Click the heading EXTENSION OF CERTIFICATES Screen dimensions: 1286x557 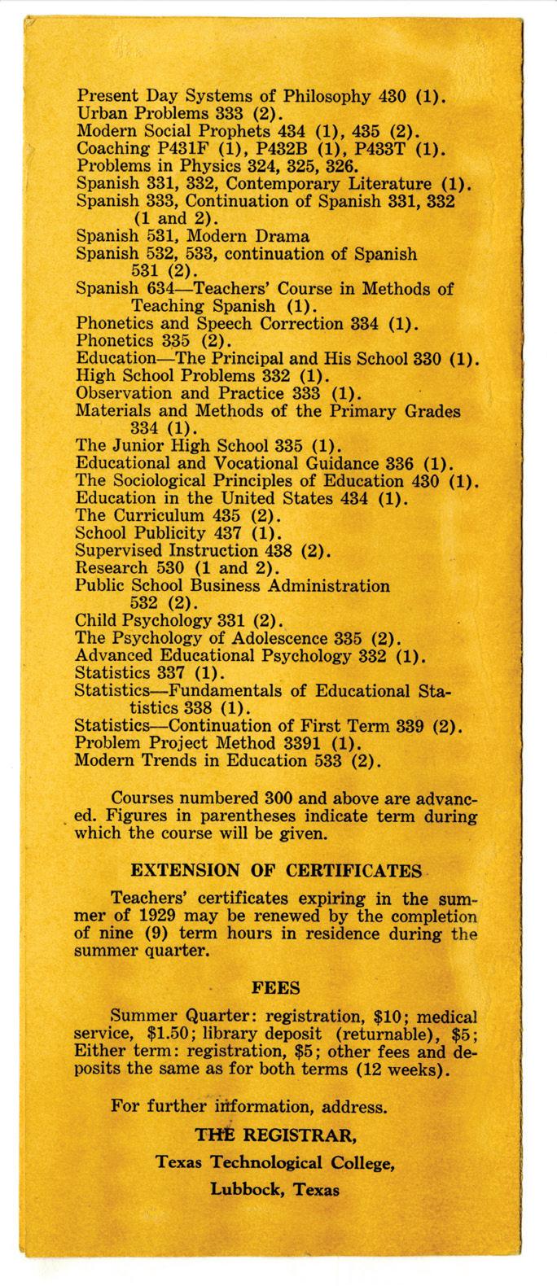(277, 872)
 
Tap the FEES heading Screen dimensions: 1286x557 (277, 989)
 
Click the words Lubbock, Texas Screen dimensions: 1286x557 (275, 1189)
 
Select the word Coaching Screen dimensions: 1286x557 (108, 149)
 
